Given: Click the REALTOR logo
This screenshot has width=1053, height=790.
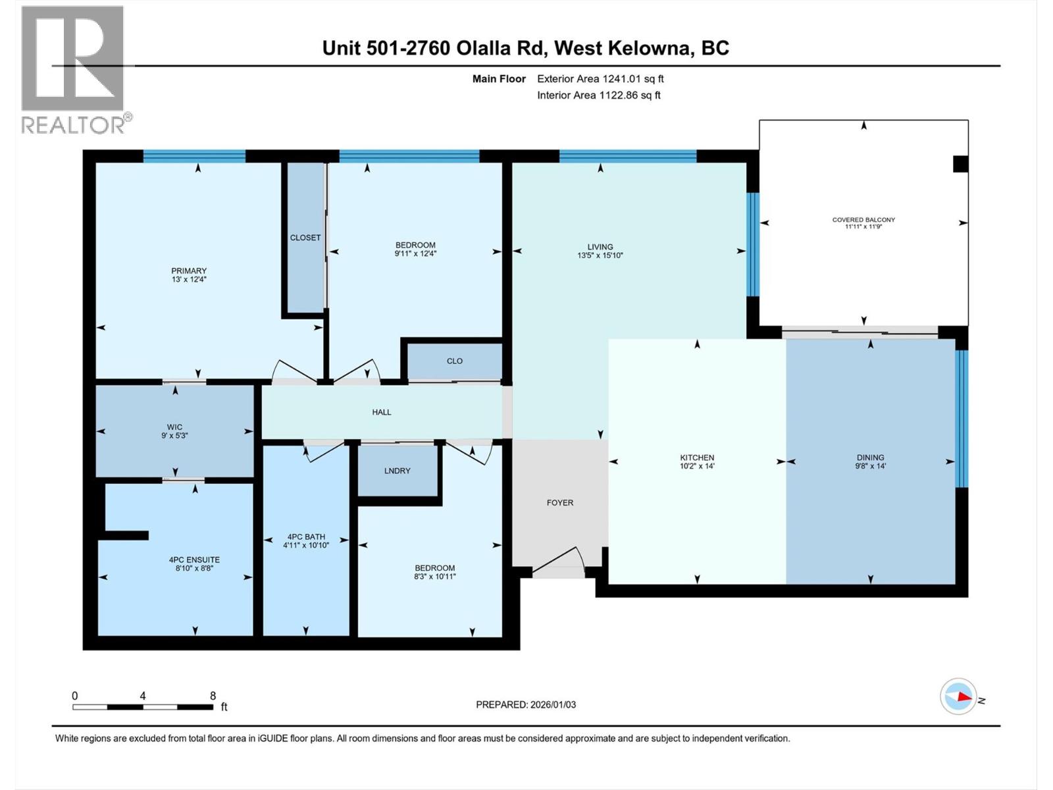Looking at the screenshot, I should point(72,69).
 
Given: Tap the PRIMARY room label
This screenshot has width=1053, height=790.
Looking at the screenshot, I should point(189,271).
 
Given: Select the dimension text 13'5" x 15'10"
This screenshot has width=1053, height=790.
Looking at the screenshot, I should point(600,255).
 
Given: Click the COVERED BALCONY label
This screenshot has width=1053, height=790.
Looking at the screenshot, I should point(863,220).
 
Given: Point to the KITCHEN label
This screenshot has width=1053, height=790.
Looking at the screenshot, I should point(697,458).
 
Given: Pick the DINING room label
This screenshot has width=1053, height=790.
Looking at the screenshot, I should point(870,458).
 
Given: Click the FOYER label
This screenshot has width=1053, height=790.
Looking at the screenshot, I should point(560,502).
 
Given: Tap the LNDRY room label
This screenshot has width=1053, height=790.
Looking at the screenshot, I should point(397,471).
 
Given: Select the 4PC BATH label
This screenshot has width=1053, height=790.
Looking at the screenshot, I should point(306,537).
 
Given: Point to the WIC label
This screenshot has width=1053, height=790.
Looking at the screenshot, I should point(174,427).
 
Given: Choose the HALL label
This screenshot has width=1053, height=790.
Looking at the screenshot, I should point(382,412).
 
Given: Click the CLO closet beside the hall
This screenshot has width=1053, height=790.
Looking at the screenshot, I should point(455,361).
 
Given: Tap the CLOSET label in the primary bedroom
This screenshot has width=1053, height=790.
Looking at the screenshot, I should point(305,238).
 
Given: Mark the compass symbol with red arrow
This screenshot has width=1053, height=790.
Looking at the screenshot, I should point(958,697).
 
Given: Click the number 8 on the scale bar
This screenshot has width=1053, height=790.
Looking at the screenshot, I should point(213,696).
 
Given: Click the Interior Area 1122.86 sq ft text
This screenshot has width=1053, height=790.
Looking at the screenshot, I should point(598,95).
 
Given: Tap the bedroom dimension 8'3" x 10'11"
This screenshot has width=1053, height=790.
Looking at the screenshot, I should point(434,577).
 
